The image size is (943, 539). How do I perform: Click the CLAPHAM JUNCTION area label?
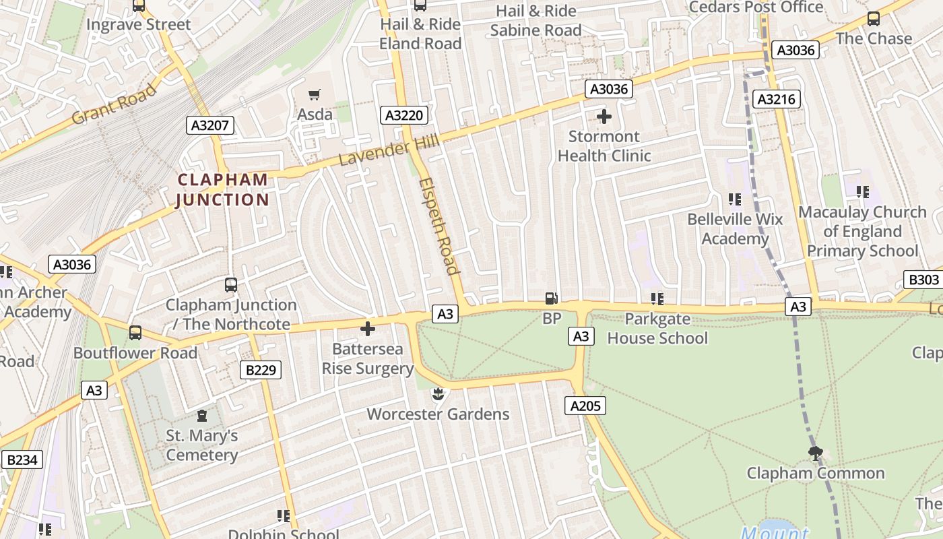222,189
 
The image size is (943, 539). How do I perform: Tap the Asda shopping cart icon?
315,94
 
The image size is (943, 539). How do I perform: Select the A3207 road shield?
211,125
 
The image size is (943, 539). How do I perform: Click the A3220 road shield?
404,115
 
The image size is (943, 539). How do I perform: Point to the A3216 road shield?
777,100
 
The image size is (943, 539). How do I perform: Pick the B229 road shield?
261,369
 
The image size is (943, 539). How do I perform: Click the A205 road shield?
585,405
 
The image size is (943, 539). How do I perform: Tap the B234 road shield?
22,459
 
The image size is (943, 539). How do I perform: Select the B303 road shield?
923,280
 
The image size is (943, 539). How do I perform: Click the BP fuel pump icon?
551,298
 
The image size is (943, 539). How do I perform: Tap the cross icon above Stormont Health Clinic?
604,117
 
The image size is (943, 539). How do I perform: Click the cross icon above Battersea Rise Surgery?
368,329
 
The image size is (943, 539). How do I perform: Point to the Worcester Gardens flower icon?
438,393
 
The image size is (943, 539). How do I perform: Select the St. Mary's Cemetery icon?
202,416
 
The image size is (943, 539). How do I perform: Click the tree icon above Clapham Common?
815,453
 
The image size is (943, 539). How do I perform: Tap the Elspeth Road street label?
439,226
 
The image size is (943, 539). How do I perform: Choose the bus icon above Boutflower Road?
135,332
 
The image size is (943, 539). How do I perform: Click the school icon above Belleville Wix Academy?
734,199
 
